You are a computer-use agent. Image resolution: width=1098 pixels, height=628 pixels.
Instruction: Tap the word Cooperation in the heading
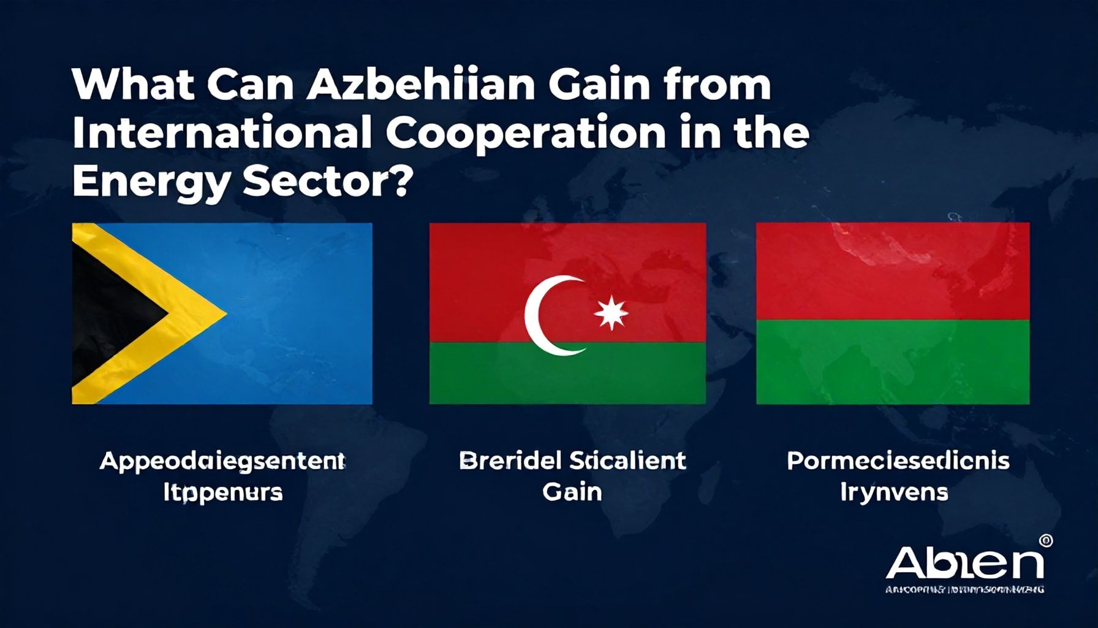(525, 133)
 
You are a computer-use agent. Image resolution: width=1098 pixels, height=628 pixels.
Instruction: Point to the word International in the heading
(221, 133)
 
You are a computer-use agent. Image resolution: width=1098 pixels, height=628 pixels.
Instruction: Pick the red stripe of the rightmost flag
(893, 270)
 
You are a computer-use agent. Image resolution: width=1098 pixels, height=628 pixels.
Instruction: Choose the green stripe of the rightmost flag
(893, 362)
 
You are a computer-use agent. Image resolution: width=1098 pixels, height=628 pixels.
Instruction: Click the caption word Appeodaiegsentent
(222, 461)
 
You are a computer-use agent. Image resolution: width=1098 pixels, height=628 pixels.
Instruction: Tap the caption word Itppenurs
(222, 492)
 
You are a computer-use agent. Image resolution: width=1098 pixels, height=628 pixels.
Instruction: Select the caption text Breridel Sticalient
(572, 461)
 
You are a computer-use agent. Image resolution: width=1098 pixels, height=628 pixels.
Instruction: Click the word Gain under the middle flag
(572, 492)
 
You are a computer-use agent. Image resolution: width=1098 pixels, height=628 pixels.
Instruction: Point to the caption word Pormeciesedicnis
(898, 461)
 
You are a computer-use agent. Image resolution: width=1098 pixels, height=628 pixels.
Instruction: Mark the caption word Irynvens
(894, 492)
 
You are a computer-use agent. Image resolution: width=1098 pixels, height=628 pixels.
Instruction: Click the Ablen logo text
(964, 563)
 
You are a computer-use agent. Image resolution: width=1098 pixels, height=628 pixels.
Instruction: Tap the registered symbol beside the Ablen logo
(1046, 541)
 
